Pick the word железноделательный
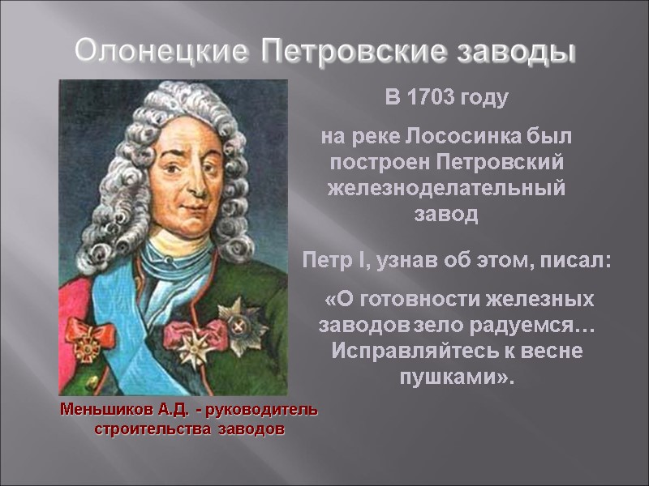[x=445, y=189]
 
